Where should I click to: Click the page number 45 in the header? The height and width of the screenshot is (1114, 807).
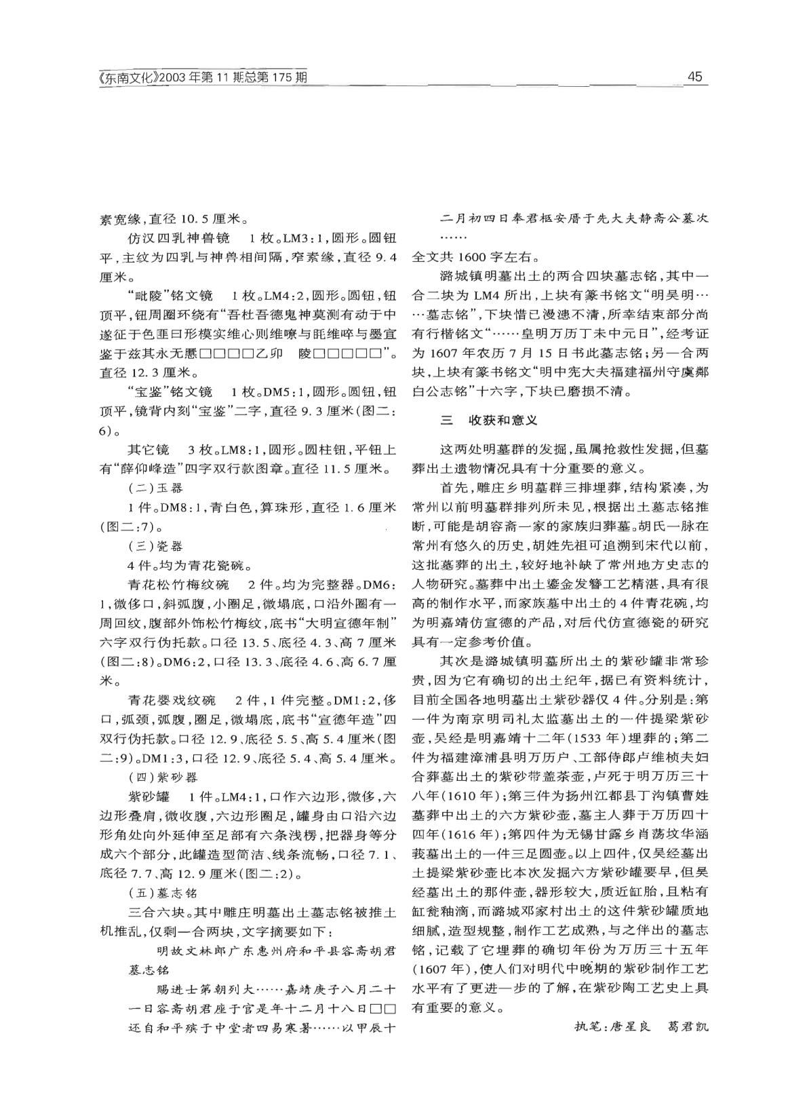click(x=694, y=77)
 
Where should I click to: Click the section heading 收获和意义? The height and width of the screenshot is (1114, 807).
click(x=503, y=421)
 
